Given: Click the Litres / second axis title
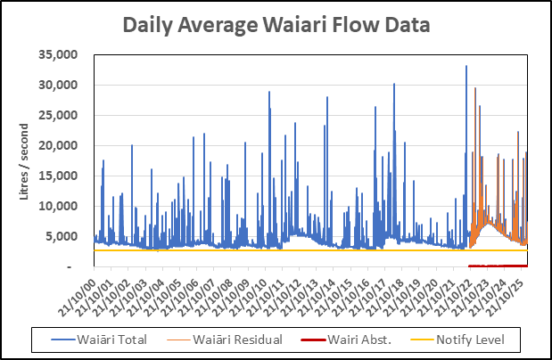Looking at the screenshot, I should point(26,160).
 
